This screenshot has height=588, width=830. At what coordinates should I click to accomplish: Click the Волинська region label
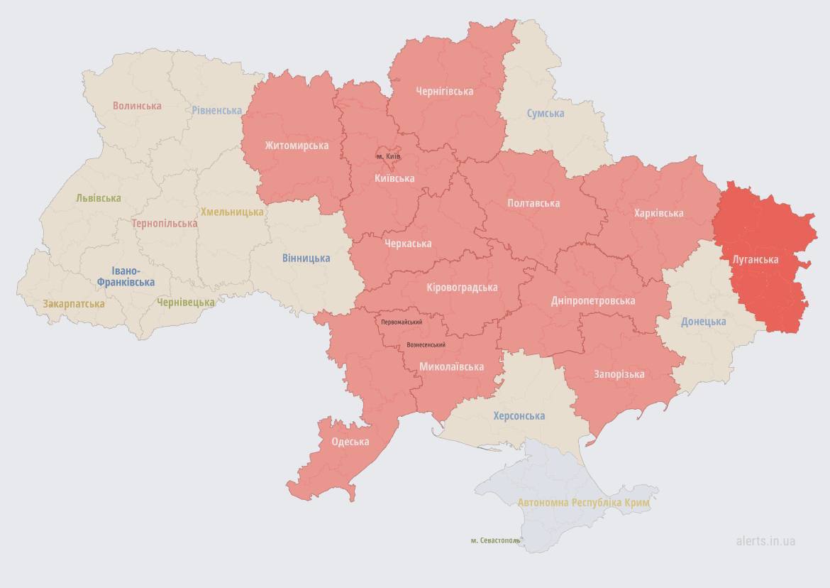point(137,106)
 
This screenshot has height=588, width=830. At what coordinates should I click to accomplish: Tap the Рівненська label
point(216,110)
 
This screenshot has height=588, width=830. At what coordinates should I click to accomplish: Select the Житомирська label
point(297,146)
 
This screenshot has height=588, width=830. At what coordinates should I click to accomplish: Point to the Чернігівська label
point(444,92)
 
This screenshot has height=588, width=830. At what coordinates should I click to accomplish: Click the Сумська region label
point(546,114)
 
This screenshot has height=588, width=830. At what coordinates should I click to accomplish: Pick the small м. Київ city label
point(388,156)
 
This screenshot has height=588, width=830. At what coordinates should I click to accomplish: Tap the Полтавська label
point(533,203)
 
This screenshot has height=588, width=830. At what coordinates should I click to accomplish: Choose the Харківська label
point(659,213)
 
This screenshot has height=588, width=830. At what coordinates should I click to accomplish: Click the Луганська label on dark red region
point(755,260)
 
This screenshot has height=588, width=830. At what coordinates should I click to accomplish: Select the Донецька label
point(703,322)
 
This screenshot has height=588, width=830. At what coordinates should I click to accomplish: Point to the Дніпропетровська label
point(593,301)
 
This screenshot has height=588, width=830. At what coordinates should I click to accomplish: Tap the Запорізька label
point(619,374)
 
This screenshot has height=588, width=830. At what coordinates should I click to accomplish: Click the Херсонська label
point(519,415)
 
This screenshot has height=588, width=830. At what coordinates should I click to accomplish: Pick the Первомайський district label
point(402,322)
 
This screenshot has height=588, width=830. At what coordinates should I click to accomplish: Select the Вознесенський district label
point(426,345)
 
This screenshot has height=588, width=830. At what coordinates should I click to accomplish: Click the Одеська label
point(350,442)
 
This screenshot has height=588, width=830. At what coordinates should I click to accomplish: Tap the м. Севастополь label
point(495,540)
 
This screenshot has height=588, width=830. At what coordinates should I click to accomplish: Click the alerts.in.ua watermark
point(765,541)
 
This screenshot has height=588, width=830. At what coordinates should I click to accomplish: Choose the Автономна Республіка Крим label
point(583,503)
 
